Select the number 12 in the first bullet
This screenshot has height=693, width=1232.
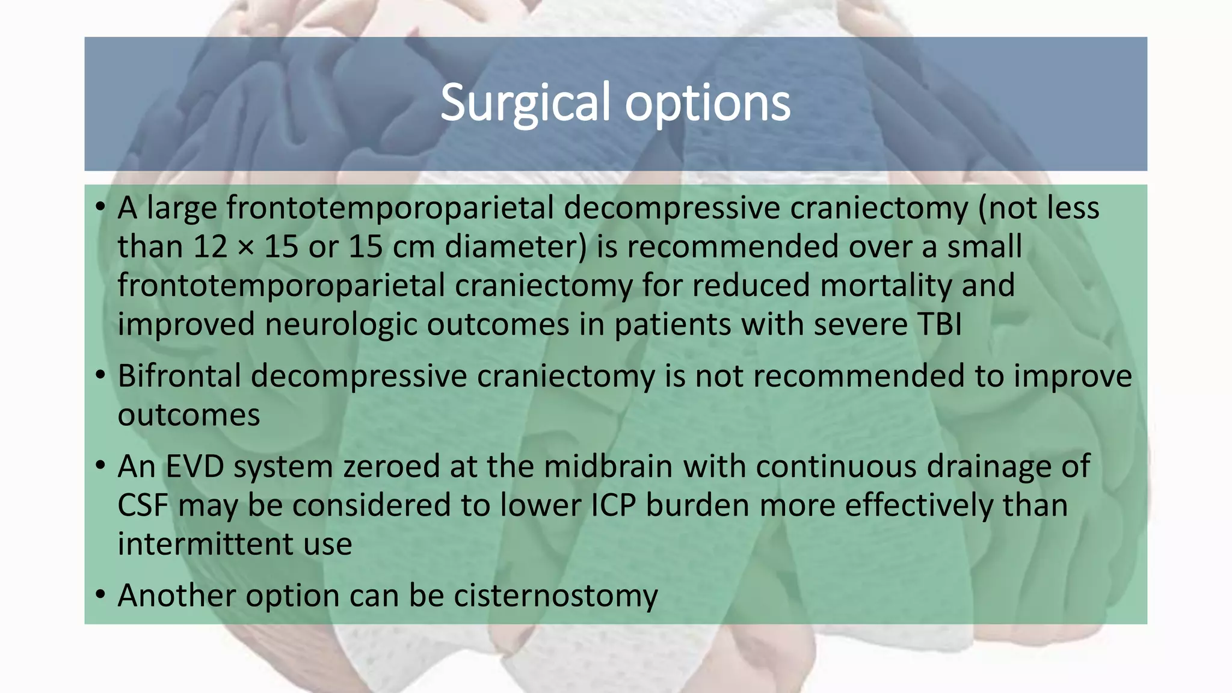210,247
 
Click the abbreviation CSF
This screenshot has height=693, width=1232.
143,505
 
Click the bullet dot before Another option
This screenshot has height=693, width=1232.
100,596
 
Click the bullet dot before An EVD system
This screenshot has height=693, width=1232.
100,466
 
